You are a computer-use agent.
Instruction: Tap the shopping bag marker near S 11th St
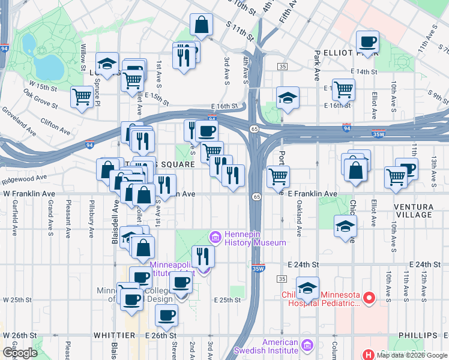click(202, 25)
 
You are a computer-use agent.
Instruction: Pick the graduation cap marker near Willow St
click(107, 64)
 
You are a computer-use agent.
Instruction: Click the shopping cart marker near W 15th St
click(82, 97)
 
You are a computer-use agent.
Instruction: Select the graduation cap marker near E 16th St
click(288, 98)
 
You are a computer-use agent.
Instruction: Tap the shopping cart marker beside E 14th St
click(343, 89)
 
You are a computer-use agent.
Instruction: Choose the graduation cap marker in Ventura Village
click(345, 226)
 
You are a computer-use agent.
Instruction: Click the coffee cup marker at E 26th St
click(166, 314)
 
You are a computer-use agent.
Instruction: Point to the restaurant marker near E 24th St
click(203, 256)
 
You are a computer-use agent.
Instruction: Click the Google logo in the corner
click(19, 352)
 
